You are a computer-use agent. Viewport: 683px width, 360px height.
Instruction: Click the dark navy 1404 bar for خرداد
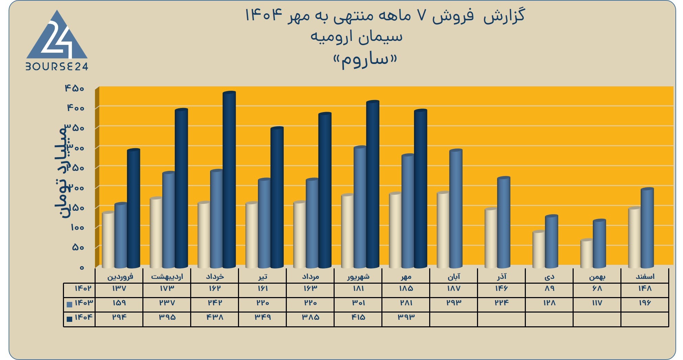point(229,180)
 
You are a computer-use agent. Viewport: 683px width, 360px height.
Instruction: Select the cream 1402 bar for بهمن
point(587,253)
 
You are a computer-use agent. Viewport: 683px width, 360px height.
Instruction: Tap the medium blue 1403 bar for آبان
point(456,209)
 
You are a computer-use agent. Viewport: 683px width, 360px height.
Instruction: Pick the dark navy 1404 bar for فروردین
point(133,208)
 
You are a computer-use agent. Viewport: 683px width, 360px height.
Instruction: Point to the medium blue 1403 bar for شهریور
point(360,207)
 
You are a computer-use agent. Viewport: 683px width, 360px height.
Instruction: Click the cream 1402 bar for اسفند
point(635,238)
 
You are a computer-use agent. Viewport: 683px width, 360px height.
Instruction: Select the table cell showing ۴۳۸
point(215,317)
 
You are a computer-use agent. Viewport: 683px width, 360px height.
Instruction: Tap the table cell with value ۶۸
point(597,288)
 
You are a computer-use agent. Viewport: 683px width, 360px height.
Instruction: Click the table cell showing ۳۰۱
point(358,303)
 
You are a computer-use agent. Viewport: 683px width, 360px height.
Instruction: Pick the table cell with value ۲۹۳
point(454,303)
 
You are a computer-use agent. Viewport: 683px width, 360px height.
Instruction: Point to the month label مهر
point(406,277)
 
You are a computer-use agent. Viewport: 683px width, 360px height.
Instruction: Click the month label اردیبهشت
point(167,276)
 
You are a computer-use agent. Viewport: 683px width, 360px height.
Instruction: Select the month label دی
point(550,277)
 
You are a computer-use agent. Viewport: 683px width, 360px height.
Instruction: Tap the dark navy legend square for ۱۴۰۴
point(69,319)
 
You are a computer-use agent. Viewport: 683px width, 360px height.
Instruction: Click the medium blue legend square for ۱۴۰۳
point(69,304)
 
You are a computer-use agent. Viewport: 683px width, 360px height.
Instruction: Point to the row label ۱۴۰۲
point(83,288)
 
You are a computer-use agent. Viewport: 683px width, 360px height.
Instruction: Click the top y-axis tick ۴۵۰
point(75,88)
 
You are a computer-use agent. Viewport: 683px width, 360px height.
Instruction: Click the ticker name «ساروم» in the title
point(365,61)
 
